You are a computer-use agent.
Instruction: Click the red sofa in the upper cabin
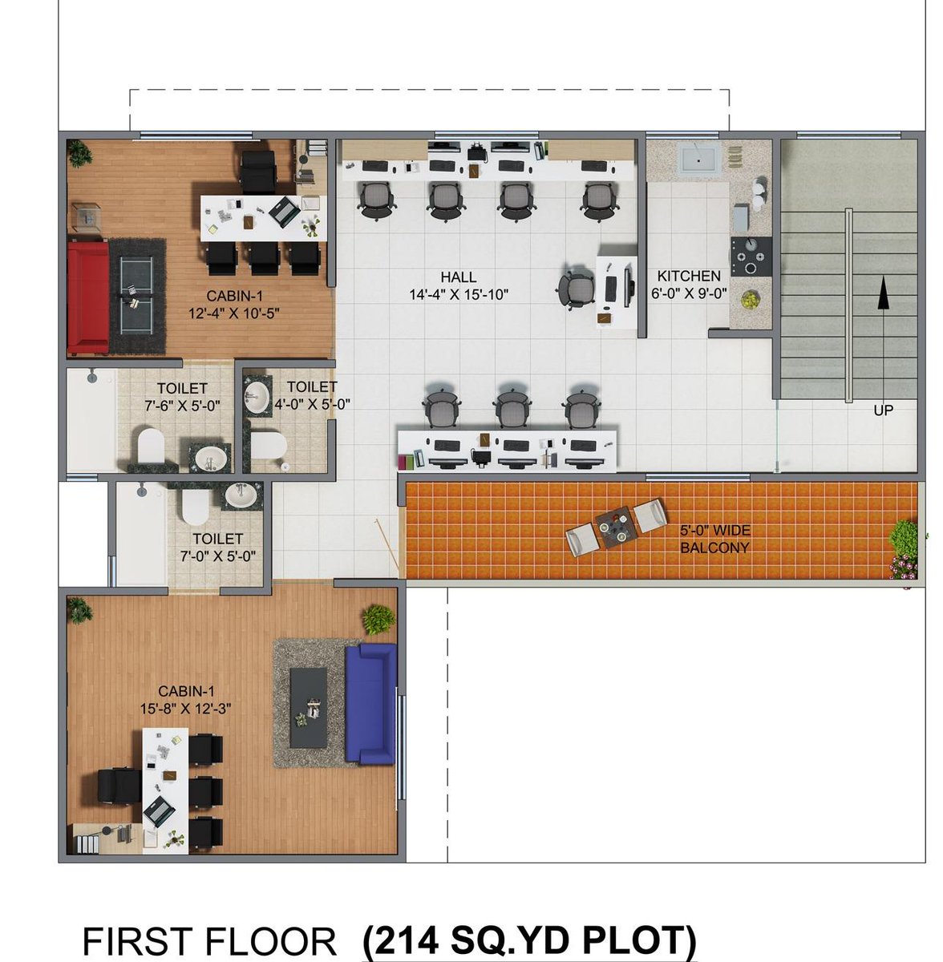88,298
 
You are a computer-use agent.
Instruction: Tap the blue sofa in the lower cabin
370,704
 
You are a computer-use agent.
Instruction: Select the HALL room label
458,277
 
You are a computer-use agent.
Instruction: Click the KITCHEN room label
689,276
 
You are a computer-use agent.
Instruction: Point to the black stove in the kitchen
751,257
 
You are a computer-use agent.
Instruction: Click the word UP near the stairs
883,410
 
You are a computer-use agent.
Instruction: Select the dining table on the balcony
617,527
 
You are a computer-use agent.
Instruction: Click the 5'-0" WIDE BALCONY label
714,539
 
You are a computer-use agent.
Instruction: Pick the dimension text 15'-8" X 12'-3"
185,709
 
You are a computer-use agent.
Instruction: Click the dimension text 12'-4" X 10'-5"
233,313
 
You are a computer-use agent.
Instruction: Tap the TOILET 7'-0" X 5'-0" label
218,547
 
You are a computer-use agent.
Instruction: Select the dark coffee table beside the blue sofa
309,708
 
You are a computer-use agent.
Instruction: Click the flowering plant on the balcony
904,551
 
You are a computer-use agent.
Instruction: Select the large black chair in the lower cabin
119,786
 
